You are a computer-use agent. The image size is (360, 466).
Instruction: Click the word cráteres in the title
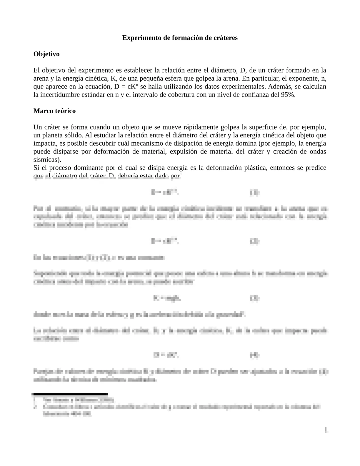pyautogui.click(x=225, y=38)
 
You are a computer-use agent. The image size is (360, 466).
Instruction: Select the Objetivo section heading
pyautogui.click(x=46, y=54)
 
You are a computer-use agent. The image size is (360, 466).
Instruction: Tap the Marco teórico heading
pyautogui.click(x=54, y=111)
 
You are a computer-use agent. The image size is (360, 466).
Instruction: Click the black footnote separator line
pyautogui.click(x=71, y=394)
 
